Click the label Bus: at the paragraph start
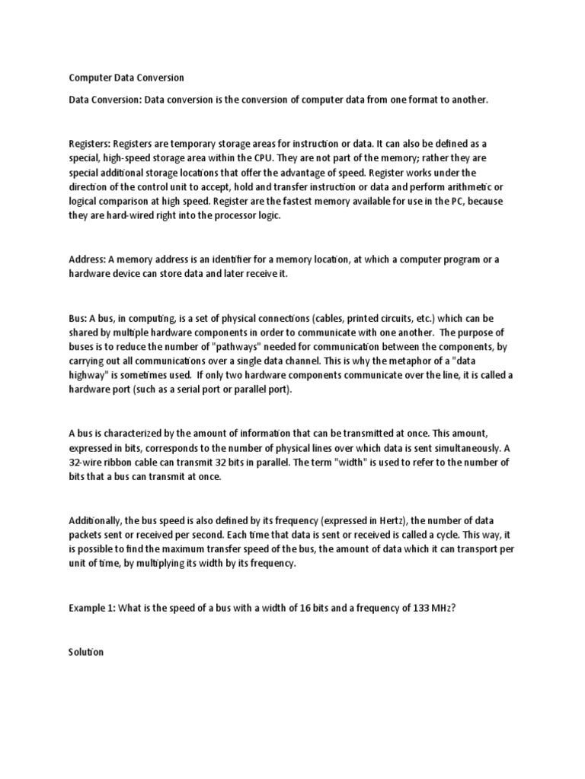click(78, 317)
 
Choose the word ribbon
click(127, 463)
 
